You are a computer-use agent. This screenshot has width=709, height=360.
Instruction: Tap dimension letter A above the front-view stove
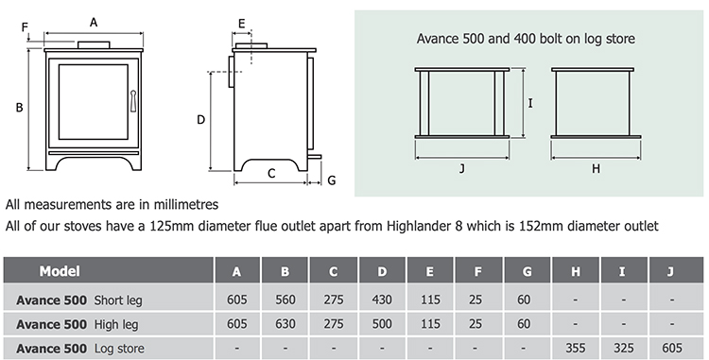93,21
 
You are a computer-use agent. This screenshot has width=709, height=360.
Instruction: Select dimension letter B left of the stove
19,108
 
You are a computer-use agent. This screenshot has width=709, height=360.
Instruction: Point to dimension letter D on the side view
200,120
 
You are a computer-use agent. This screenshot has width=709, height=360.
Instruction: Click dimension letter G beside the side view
331,180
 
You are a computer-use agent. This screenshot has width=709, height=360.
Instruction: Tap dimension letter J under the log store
460,168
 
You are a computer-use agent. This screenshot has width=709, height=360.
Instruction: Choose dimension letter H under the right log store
596,168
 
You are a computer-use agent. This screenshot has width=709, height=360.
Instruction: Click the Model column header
59,272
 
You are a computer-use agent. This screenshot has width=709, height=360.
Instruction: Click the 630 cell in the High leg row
285,324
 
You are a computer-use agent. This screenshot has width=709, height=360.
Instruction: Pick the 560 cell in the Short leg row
285,300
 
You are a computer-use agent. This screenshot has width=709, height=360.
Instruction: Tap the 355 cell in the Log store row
575,347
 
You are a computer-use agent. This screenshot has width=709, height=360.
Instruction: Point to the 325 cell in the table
623,347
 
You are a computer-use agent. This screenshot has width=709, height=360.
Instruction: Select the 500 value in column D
381,324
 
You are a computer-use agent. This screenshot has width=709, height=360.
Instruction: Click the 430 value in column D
381,300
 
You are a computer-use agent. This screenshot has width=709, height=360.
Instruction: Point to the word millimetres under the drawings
186,204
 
